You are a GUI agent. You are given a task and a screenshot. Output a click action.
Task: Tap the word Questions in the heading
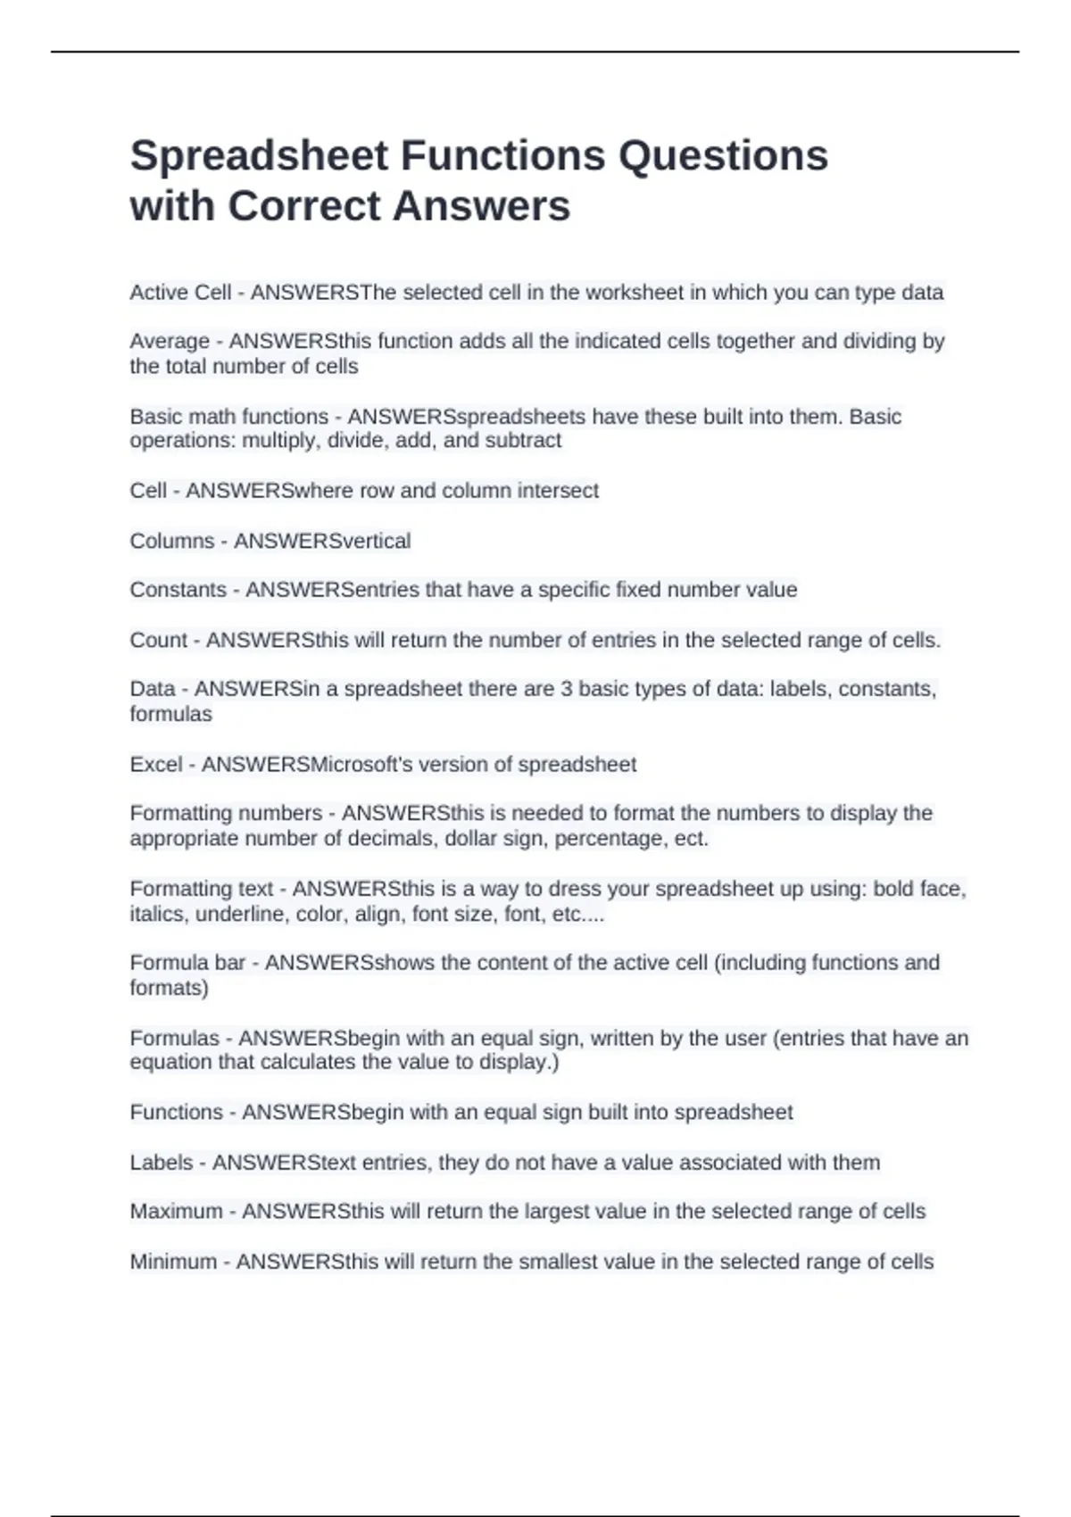point(723,156)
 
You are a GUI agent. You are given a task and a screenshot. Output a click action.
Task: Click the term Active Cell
point(180,293)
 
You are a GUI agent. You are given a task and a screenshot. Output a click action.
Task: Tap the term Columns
point(171,541)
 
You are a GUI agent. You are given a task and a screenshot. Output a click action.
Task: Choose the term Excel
point(155,765)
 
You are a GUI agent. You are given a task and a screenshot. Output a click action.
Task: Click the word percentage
point(615,839)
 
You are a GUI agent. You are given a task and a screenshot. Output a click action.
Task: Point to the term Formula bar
point(187,963)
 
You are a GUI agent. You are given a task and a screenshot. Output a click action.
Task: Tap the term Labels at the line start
point(161,1163)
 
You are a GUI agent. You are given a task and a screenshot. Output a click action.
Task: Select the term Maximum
point(176,1212)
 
